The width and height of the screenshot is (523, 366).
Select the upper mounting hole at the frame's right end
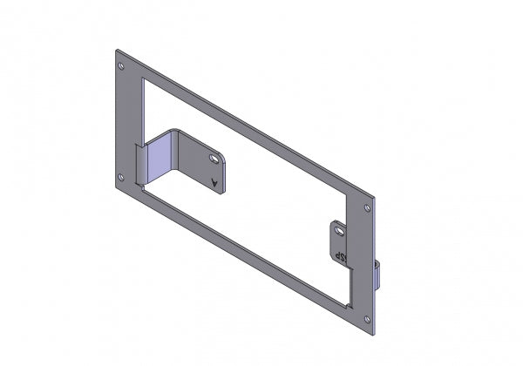pos(368,208)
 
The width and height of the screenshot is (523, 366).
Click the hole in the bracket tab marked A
pos(213,158)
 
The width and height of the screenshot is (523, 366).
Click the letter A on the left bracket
pos(214,182)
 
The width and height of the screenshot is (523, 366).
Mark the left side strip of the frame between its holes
pos(127,122)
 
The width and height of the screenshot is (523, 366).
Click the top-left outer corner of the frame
pos(116,50)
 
